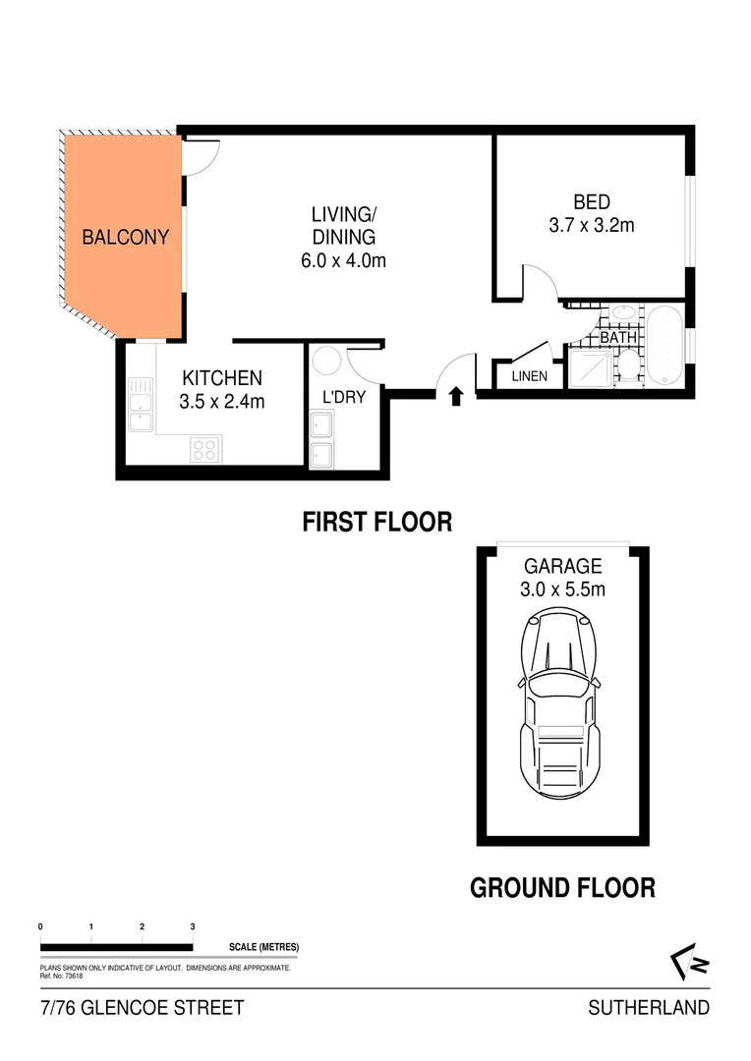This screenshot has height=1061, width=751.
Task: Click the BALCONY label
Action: coord(126,237)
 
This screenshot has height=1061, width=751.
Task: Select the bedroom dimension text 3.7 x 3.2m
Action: coord(591,225)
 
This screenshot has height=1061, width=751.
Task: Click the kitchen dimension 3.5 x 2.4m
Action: coord(221,401)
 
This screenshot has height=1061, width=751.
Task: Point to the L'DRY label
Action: coord(338,399)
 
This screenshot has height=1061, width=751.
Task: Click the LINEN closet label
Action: coord(529,376)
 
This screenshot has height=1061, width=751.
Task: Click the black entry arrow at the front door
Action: coord(456,397)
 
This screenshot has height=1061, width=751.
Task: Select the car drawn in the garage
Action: coord(563,701)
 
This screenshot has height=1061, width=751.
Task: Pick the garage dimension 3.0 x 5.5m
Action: coord(563,589)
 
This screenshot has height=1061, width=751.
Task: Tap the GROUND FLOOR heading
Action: coord(562,888)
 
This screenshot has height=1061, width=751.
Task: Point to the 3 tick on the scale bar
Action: coord(193,926)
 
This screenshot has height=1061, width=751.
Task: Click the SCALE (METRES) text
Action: coord(262,947)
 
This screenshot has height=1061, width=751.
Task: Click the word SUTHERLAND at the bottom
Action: coord(648,1008)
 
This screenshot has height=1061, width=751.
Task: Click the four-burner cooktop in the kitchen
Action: coord(204,450)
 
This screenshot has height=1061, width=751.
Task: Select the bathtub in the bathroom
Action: coord(664,346)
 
